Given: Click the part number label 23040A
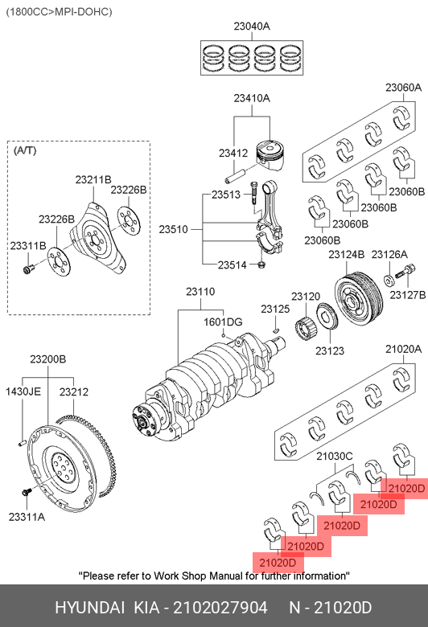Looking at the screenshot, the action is [252, 27].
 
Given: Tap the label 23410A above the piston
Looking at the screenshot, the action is [252, 98].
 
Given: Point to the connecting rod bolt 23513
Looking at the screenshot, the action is [253, 193].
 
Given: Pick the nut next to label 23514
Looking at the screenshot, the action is [261, 264].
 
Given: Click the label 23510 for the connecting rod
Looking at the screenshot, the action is [173, 230].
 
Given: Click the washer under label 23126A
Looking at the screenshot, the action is [389, 281].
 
